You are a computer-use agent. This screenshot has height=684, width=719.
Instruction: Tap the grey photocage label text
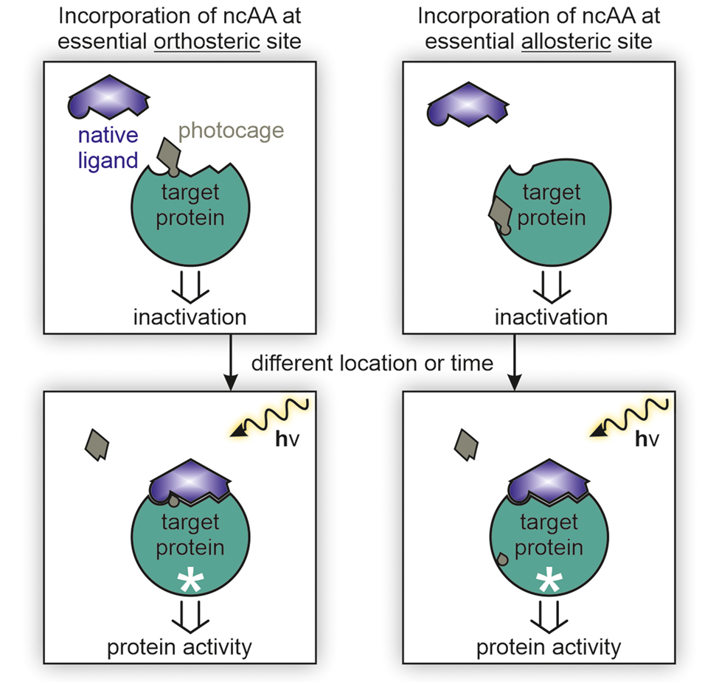click(232, 130)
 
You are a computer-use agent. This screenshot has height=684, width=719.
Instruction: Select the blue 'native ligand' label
click(109, 147)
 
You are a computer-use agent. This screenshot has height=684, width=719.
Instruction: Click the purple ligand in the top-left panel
click(109, 98)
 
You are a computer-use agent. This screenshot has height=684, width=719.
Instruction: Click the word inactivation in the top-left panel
click(190, 318)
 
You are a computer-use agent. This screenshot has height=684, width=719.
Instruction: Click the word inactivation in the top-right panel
click(551, 318)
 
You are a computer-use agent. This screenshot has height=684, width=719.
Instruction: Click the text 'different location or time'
click(372, 363)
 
